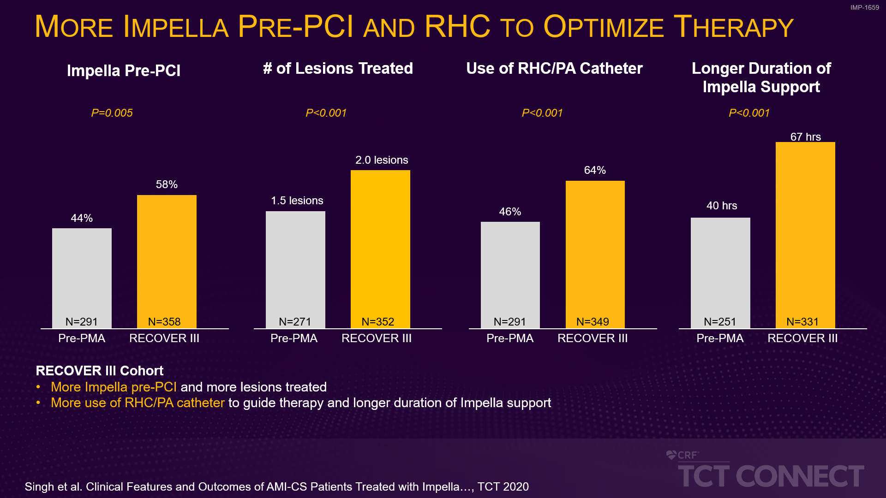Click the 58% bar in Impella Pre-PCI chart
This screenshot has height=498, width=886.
pyautogui.click(x=167, y=258)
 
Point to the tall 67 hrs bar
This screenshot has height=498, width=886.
pyautogui.click(x=805, y=231)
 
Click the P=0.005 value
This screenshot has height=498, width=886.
pyautogui.click(x=112, y=113)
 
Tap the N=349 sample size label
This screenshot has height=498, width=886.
pyautogui.click(x=593, y=321)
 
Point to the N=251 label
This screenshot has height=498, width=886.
pyautogui.click(x=720, y=321)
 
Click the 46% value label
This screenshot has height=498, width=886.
pyautogui.click(x=510, y=212)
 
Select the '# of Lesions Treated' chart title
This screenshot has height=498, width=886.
pyautogui.click(x=338, y=69)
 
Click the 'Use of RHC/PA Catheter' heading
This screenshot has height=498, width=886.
pyautogui.click(x=554, y=69)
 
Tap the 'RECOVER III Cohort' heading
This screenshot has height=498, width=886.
pyautogui.click(x=100, y=371)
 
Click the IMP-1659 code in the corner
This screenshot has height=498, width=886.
pyautogui.click(x=864, y=7)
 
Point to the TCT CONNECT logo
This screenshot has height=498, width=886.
pyautogui.click(x=771, y=476)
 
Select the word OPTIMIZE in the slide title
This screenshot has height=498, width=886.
pyautogui.click(x=604, y=27)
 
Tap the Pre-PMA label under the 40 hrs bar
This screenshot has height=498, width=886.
pyautogui.click(x=720, y=338)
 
